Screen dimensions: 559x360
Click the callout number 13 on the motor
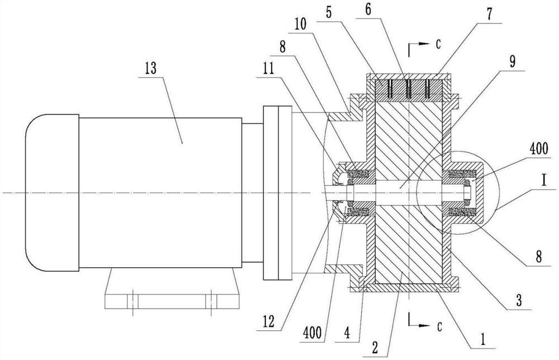coord(151,68)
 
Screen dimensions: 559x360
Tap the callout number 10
coord(301,24)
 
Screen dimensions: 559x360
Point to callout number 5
coord(328,12)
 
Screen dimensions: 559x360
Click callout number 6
coord(368,10)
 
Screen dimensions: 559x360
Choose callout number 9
coord(512,62)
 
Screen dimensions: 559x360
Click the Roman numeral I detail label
coord(543,181)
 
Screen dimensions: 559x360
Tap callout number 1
coord(483,339)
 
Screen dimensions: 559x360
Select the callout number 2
coord(375,347)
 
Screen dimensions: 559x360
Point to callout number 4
coord(347,333)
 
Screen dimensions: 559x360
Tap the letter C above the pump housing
coord(438,44)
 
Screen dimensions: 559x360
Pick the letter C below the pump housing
coord(439,326)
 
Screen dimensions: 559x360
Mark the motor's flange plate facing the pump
coord(277,193)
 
